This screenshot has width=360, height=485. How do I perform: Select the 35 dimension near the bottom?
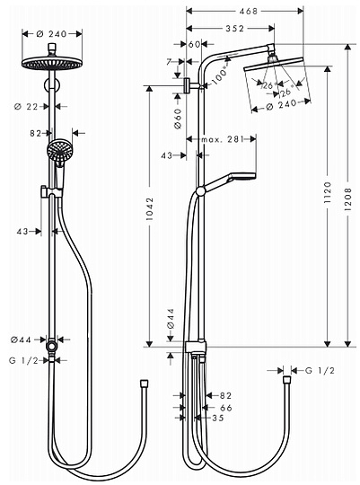(x=218, y=418)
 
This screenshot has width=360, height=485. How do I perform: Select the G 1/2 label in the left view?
(x=22, y=360)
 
